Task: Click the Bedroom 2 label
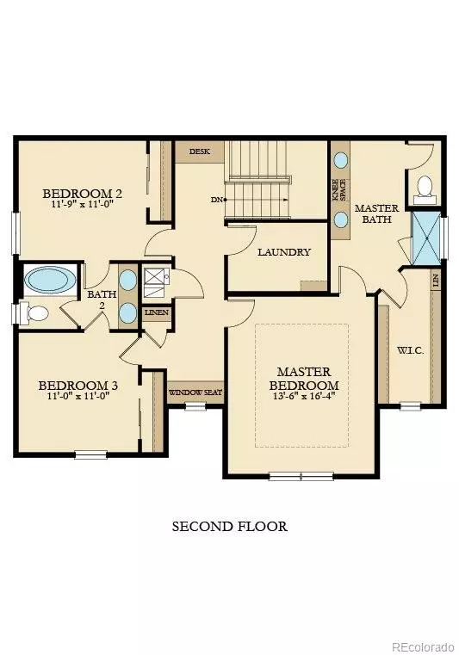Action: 83,194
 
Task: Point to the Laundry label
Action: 283,252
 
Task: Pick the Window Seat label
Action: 195,392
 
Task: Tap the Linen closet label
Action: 157,312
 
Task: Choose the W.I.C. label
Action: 409,350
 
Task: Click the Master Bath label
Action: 375,213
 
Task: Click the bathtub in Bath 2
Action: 50,280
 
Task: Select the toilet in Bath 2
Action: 36,313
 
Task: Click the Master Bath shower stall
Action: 425,238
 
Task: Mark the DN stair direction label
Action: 217,200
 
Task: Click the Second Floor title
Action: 229,526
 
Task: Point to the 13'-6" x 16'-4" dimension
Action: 304,398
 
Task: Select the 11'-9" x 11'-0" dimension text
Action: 83,206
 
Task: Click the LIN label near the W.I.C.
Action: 437,281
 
